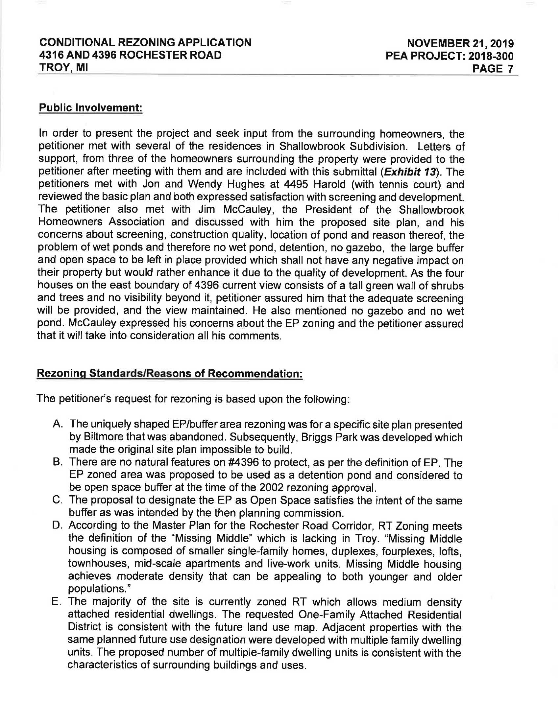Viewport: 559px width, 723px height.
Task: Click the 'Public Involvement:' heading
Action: click(90, 108)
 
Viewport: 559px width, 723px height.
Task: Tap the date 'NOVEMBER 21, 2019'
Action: click(460, 43)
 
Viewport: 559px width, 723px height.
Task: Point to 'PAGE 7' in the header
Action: click(493, 69)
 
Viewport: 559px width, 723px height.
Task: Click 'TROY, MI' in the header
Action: click(63, 68)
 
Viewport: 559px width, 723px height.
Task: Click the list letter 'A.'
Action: click(58, 424)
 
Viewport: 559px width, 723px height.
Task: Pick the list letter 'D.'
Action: click(58, 526)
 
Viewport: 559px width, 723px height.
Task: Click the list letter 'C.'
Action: click(58, 500)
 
